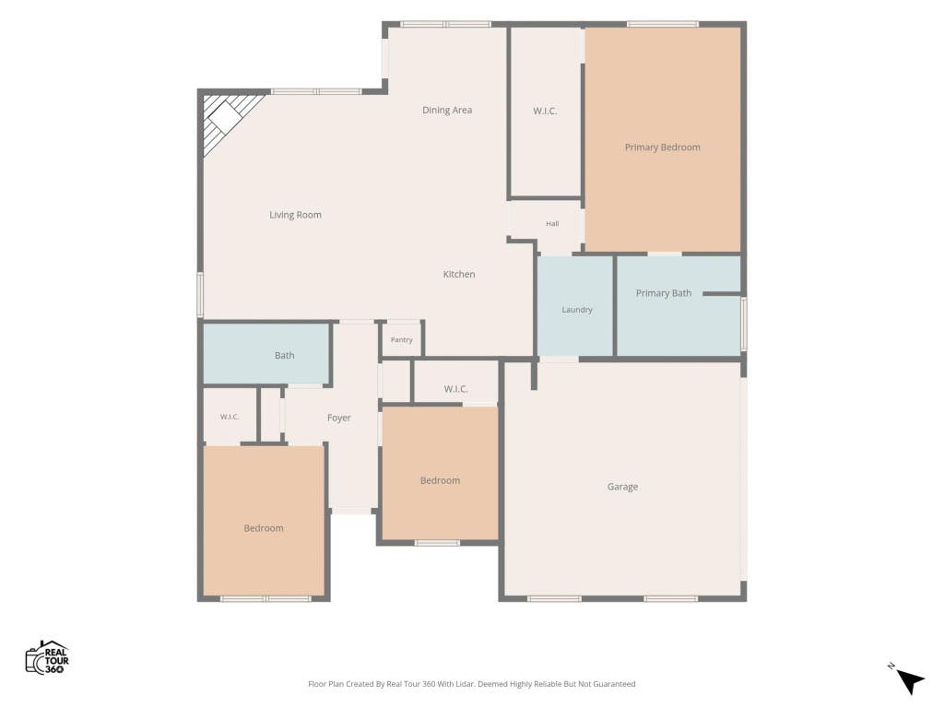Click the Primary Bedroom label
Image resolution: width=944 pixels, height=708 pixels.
662,147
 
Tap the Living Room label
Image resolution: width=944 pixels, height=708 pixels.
295,215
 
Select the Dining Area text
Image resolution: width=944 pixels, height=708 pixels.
447,111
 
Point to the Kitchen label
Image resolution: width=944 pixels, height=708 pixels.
459,275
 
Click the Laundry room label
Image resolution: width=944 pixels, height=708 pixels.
577,310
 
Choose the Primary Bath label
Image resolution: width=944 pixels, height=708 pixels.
664,293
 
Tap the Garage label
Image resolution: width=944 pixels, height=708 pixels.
622,487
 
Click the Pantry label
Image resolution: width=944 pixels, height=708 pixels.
402,340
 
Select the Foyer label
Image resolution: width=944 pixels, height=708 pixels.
339,418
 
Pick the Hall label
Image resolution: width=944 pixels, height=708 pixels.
552,224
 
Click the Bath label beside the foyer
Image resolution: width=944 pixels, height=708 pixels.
284,356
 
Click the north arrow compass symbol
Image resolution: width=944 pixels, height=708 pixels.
909,680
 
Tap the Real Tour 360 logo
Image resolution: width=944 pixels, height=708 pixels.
47,657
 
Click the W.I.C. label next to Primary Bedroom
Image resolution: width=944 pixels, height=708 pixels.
545,112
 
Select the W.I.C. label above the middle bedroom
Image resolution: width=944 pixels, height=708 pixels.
455,390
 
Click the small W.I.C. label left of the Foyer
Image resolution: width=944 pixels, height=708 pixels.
230,417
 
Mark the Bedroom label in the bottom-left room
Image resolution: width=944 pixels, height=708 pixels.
264,528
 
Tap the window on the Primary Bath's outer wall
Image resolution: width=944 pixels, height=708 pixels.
744,324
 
